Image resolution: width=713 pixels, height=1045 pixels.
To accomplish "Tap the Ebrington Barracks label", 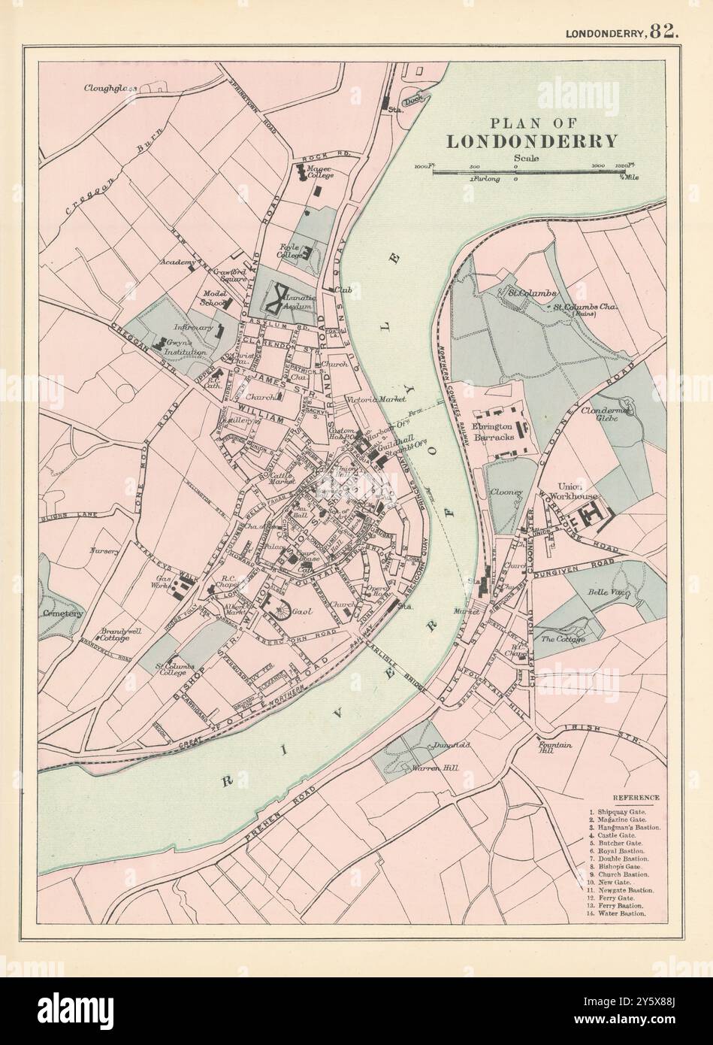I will [x=494, y=432].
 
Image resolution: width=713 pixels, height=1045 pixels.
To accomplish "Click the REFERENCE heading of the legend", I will [x=635, y=797].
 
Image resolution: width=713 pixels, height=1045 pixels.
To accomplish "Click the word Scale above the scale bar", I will [x=525, y=157].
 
